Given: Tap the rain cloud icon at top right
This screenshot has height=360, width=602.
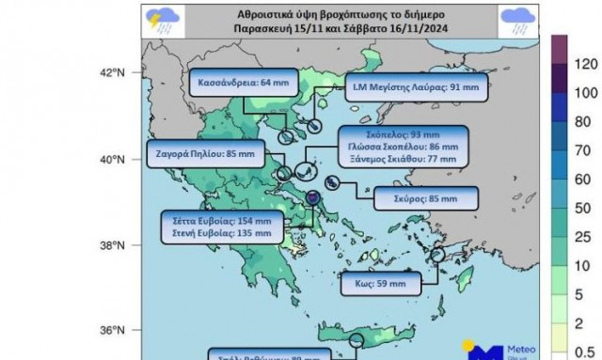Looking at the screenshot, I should [x=516, y=20].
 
